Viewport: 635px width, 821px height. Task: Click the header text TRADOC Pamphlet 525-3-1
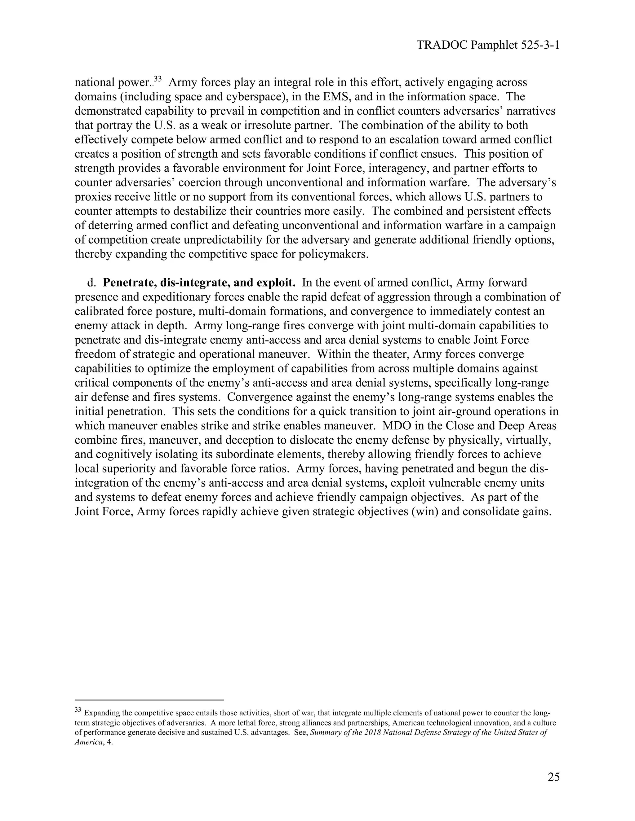[488, 46]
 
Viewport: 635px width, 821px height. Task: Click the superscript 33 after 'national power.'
[158, 79]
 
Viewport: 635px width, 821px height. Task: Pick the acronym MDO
[395, 426]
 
